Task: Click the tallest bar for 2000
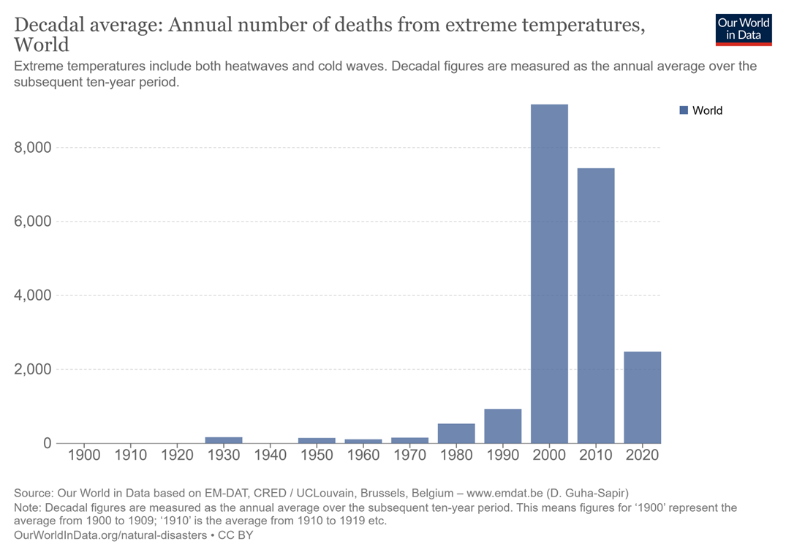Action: (x=549, y=273)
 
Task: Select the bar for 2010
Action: (x=596, y=306)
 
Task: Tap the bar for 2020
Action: (x=642, y=397)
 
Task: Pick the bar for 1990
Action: (x=503, y=426)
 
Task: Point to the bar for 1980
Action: (x=456, y=433)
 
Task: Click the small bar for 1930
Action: (x=224, y=440)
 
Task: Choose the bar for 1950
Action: (x=317, y=440)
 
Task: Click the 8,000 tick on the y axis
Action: (x=33, y=148)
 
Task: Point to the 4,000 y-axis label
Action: (x=33, y=295)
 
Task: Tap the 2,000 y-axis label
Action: (x=33, y=369)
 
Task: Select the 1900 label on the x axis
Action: (x=84, y=455)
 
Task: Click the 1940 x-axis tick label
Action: (x=270, y=455)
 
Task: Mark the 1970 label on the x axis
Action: (x=409, y=455)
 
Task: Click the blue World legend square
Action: (x=684, y=110)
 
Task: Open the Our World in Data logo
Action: (x=744, y=29)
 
